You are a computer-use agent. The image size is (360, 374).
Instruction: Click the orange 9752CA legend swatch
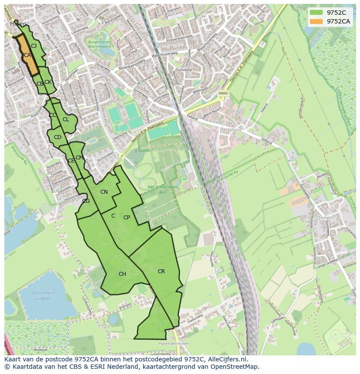coord(316,21)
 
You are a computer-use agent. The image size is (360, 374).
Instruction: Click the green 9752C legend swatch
coord(316,13)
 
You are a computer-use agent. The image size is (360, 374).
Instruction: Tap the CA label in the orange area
coord(27,55)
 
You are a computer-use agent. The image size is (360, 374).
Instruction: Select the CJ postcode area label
coord(33,46)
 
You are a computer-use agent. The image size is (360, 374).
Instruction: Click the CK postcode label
coord(48,82)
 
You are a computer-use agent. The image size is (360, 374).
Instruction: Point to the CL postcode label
coord(66,119)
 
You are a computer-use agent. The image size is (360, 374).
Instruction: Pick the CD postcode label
coord(57,137)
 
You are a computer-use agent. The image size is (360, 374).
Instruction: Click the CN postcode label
coord(104,192)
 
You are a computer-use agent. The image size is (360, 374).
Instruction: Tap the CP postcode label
coord(127,218)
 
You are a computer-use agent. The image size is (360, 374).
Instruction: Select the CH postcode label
coord(122,274)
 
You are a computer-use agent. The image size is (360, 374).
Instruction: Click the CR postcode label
coord(161,271)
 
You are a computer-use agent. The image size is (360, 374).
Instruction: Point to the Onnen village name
coord(324,218)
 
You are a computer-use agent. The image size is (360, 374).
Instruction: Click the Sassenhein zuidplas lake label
coord(43,296)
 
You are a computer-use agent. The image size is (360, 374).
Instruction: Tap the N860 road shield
coord(223,93)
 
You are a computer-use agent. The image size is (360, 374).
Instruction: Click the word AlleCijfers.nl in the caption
coord(227,359)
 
